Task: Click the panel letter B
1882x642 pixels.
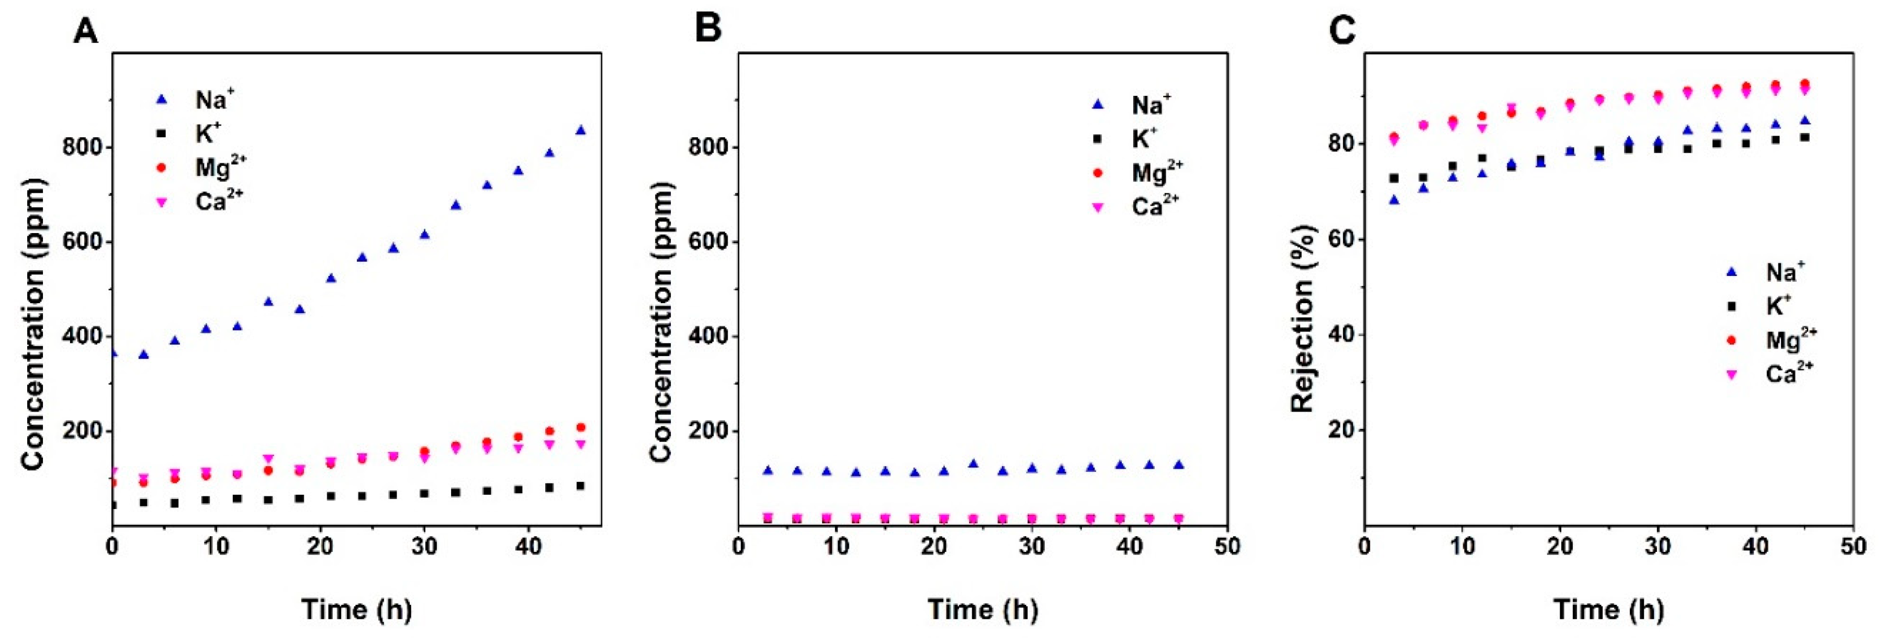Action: pyautogui.click(x=707, y=29)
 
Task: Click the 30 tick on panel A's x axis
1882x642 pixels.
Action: pyautogui.click(x=424, y=547)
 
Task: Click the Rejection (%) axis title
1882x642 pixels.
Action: pyautogui.click(x=1303, y=318)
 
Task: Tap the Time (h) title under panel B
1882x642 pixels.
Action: pyautogui.click(x=983, y=609)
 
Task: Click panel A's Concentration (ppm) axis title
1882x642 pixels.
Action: pyautogui.click(x=33, y=324)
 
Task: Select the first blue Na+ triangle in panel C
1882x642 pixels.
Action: pyautogui.click(x=1394, y=200)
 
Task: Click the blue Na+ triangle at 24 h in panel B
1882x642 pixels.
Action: pyautogui.click(x=973, y=463)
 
